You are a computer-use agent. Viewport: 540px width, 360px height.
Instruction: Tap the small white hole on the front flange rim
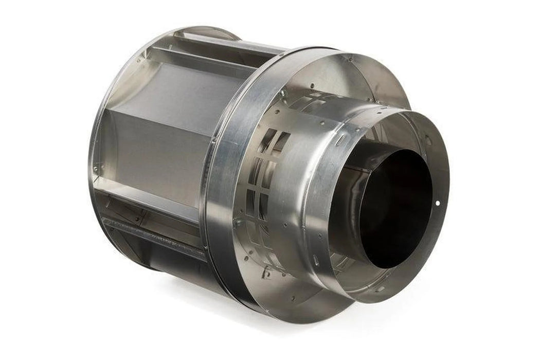tap(438, 203)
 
